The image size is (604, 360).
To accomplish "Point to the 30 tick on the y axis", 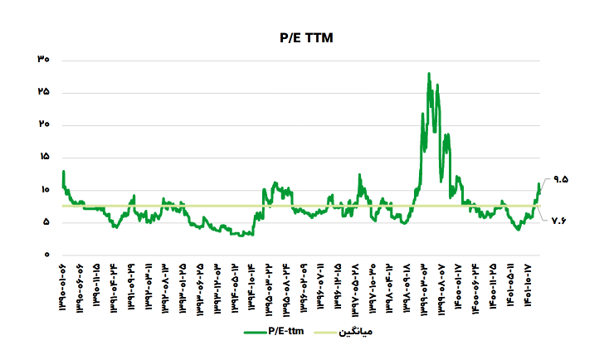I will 44,60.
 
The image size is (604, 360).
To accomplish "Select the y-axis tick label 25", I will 44,92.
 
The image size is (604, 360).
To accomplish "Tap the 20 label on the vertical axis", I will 44,124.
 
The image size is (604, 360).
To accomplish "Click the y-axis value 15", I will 44,157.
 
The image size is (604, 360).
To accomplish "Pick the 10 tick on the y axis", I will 44,190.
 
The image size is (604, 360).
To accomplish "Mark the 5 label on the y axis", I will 46,222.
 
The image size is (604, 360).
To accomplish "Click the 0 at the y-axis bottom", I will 47,255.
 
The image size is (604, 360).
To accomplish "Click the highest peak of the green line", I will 428,74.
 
